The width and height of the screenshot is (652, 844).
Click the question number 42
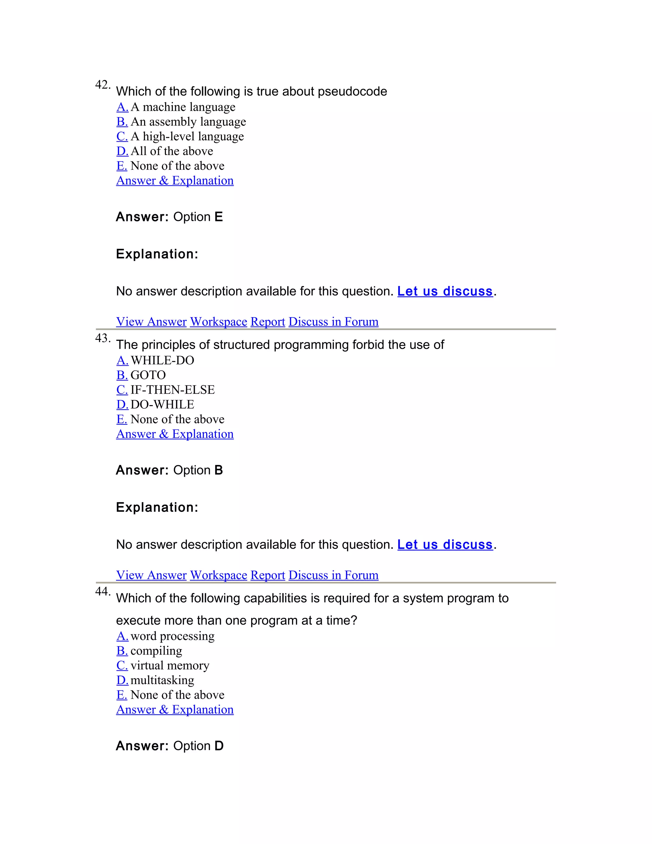(x=103, y=85)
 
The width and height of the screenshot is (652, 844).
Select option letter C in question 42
(x=122, y=136)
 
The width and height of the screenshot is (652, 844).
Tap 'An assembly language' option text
(x=188, y=122)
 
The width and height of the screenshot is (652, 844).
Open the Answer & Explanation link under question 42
(x=174, y=181)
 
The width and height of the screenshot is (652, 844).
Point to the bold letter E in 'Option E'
(x=219, y=217)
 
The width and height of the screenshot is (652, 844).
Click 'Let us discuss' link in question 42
(x=445, y=291)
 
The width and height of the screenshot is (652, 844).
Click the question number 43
(x=103, y=338)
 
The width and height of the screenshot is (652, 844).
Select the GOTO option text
(x=148, y=375)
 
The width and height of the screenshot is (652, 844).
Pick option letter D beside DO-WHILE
(x=122, y=404)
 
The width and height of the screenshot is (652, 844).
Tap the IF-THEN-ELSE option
(x=172, y=390)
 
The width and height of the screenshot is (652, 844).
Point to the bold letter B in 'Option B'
(x=219, y=470)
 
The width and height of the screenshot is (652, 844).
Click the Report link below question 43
(x=268, y=575)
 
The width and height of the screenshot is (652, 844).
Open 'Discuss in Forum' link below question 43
(x=333, y=575)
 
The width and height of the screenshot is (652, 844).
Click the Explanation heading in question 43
(x=157, y=507)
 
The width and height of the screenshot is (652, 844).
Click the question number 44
(x=103, y=592)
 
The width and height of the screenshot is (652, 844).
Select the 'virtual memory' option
(x=170, y=665)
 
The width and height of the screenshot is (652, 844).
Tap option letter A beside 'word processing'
(x=122, y=636)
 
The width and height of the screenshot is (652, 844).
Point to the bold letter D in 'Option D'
(x=219, y=746)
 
